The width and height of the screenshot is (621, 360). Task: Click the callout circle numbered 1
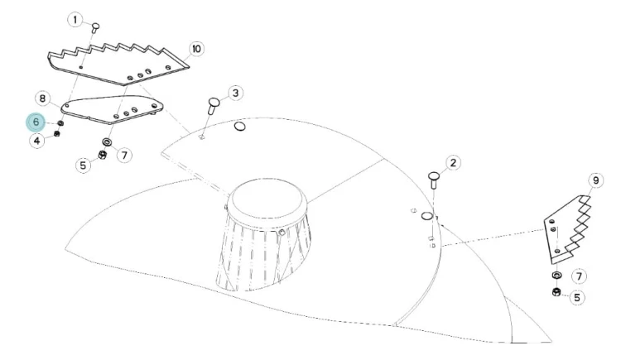(75, 19)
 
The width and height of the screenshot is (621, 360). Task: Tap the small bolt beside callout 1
(95, 28)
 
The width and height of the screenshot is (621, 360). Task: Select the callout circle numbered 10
(196, 49)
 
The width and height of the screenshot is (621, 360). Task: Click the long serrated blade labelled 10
(118, 65)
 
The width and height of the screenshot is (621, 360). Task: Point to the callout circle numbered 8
(43, 98)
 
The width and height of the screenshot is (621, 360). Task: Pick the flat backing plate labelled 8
(112, 109)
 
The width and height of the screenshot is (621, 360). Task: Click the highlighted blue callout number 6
(36, 122)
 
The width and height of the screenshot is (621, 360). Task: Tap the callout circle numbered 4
(36, 140)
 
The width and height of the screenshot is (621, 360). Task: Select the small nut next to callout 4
(56, 133)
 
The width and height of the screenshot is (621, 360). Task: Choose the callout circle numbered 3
(236, 93)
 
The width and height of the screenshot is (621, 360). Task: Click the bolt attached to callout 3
(214, 106)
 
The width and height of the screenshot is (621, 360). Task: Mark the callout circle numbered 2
(453, 162)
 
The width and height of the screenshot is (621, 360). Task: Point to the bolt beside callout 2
(434, 180)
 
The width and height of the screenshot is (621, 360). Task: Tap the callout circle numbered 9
(595, 180)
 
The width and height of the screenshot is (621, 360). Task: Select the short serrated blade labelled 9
(567, 229)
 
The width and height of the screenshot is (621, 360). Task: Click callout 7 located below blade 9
(579, 276)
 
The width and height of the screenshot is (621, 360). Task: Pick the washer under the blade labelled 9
(556, 275)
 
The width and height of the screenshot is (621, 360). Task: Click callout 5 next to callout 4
(83, 165)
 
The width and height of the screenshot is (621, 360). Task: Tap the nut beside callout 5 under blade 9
(556, 293)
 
